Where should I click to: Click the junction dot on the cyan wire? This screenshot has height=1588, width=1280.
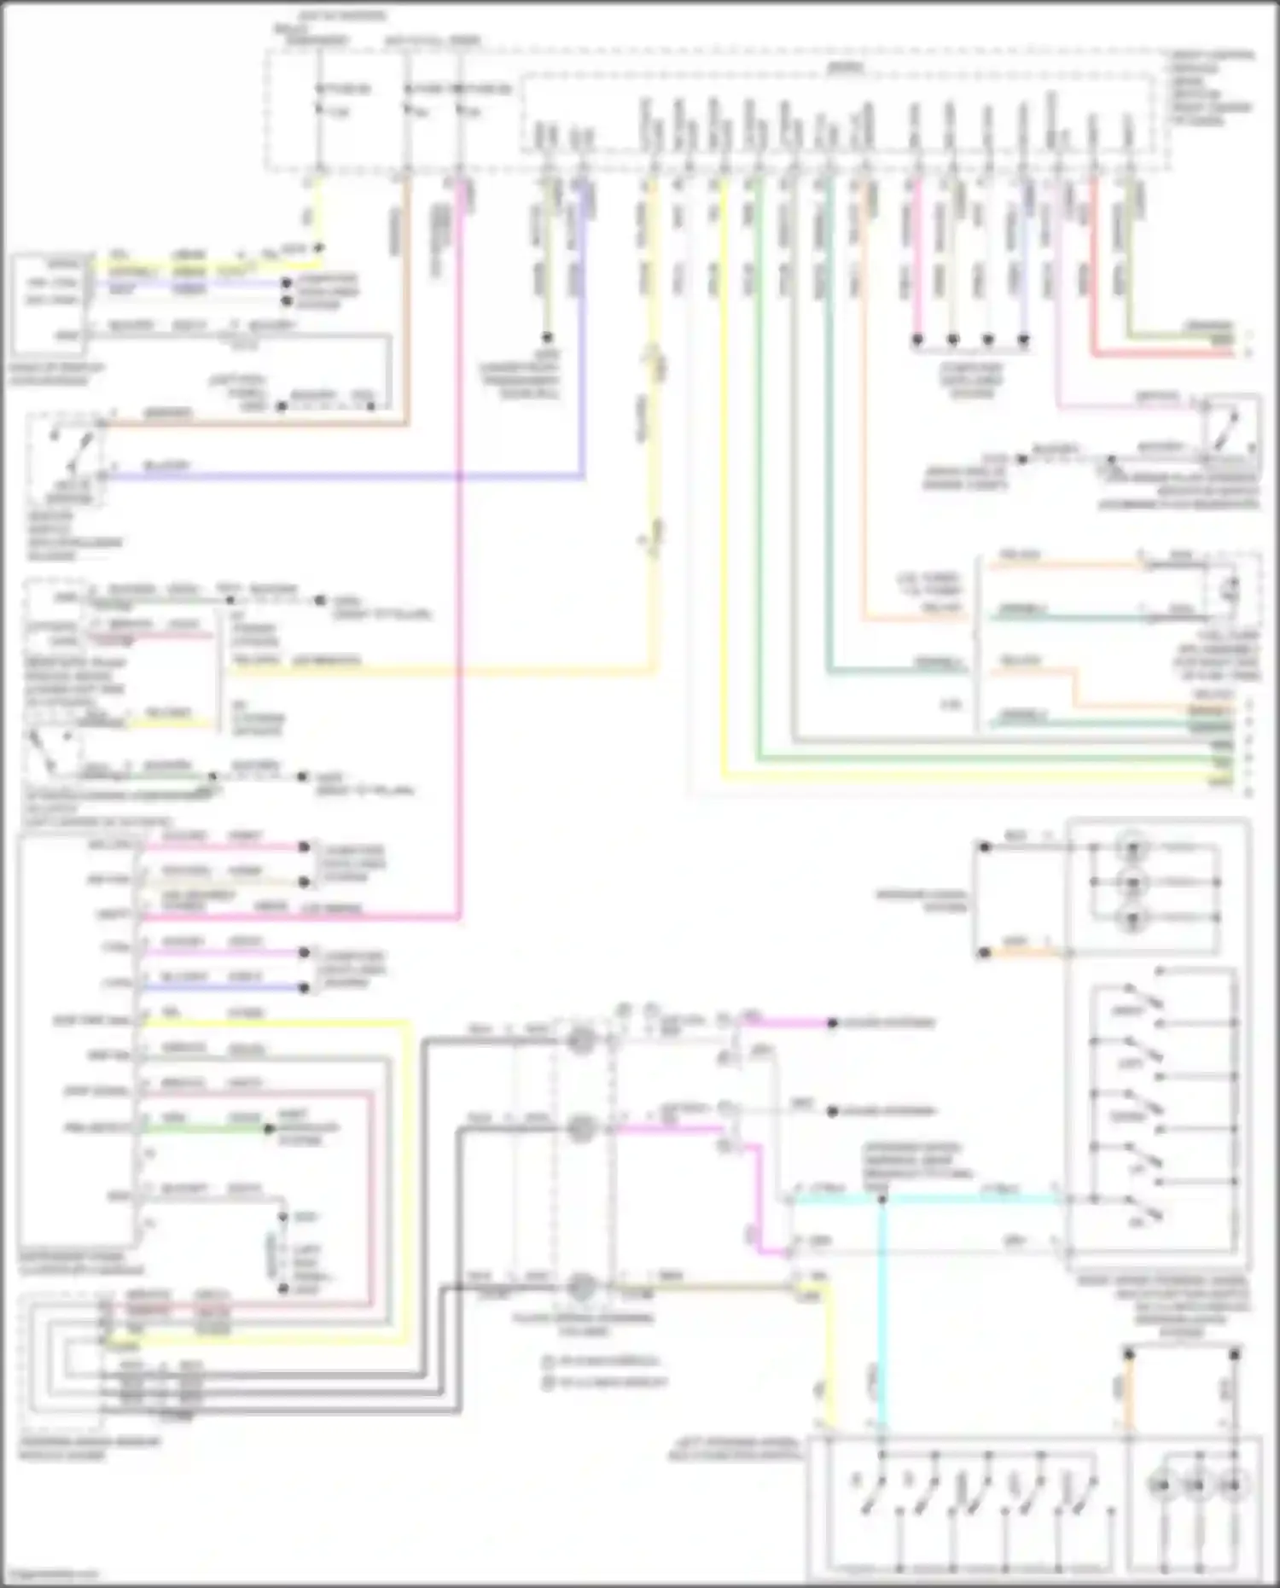(882, 1199)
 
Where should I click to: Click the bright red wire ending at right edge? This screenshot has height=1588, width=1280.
(1161, 352)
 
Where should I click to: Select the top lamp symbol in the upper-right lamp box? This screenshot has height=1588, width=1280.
(1133, 847)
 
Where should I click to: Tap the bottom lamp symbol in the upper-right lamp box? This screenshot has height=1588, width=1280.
(1133, 918)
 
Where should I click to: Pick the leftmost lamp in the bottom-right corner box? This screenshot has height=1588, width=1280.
(1161, 1486)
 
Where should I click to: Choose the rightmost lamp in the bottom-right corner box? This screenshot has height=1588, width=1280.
(1232, 1486)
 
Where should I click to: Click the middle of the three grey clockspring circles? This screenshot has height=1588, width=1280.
(581, 1129)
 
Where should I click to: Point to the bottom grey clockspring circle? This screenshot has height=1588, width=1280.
(581, 1287)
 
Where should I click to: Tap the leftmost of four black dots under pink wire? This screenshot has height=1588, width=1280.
(917, 340)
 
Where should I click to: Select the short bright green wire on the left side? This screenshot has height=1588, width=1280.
(205, 1129)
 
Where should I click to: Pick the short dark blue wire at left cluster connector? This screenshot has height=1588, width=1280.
(222, 988)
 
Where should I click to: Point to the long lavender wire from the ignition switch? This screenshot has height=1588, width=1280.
(341, 474)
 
